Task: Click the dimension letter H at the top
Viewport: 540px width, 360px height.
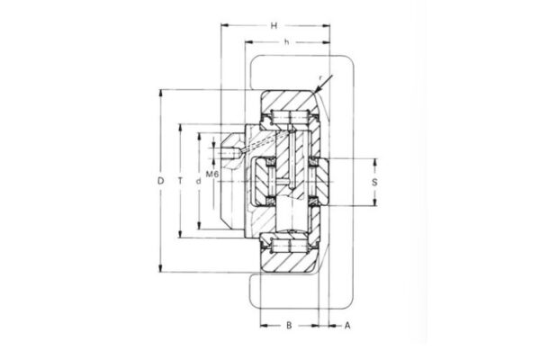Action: [x=274, y=25]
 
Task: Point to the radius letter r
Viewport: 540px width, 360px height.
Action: [x=320, y=77]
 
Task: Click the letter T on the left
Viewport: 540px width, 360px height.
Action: [x=181, y=181]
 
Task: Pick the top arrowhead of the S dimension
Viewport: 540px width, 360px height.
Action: [x=373, y=158]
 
